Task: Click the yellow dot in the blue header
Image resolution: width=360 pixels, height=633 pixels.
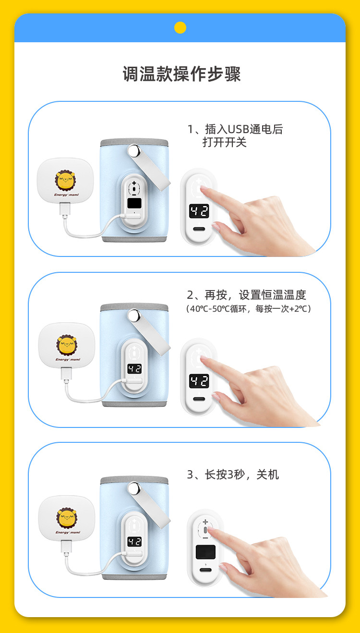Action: [x=180, y=28]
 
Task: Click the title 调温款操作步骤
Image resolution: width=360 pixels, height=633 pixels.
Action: [x=181, y=74]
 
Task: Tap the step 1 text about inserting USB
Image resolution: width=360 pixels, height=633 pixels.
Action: [x=235, y=135]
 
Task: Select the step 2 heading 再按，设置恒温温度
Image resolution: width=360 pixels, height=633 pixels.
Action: [x=255, y=295]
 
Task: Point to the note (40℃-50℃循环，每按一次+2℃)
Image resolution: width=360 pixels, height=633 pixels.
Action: [x=249, y=309]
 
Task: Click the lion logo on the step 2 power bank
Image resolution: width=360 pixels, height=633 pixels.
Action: [x=67, y=345]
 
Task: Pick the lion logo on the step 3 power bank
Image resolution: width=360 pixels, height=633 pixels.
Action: [x=67, y=518]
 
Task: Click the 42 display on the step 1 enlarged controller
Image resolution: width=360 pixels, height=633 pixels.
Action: [x=199, y=211]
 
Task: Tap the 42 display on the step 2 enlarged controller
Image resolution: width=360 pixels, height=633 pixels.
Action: [x=199, y=381]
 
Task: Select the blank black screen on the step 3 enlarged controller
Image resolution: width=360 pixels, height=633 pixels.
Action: [x=205, y=552]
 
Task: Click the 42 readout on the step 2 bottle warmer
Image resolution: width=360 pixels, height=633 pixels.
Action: [x=134, y=369]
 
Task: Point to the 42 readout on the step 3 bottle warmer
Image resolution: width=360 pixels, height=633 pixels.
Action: [x=134, y=542]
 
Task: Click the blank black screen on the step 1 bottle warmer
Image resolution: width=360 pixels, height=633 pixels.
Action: [x=134, y=203]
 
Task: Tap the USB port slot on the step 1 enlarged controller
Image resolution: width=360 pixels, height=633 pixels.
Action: [x=199, y=229]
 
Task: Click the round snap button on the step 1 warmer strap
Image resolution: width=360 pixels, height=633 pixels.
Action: [x=134, y=151]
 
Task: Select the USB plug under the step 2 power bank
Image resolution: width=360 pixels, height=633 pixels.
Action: [x=66, y=374]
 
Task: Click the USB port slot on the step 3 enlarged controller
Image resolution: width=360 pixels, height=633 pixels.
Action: [x=205, y=570]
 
